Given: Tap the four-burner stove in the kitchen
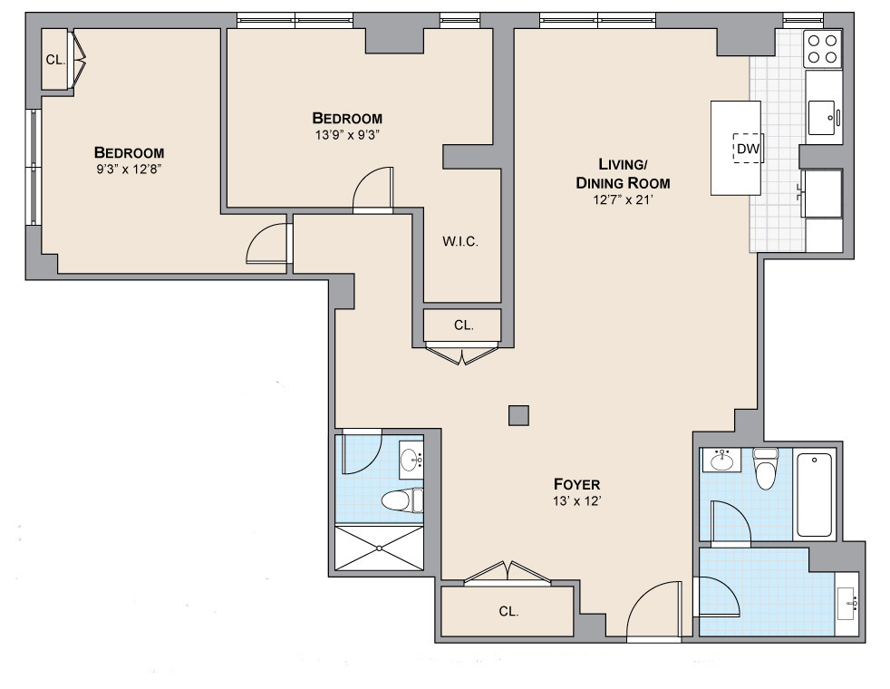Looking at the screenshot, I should (823, 48).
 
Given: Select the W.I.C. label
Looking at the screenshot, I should (460, 242).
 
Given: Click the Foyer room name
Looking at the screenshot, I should (576, 483).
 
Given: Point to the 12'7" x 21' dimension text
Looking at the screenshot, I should (622, 201).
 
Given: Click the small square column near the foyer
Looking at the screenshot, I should (518, 414).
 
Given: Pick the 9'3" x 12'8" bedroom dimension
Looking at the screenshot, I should (130, 169).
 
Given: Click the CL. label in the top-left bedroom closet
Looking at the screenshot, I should (55, 61).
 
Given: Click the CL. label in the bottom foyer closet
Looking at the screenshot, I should (508, 611).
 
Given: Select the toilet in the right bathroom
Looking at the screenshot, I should (766, 470).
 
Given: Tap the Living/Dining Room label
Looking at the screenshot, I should (622, 173).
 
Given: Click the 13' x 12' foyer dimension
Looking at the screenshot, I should (576, 500).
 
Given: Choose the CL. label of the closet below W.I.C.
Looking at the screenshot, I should (463, 325).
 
